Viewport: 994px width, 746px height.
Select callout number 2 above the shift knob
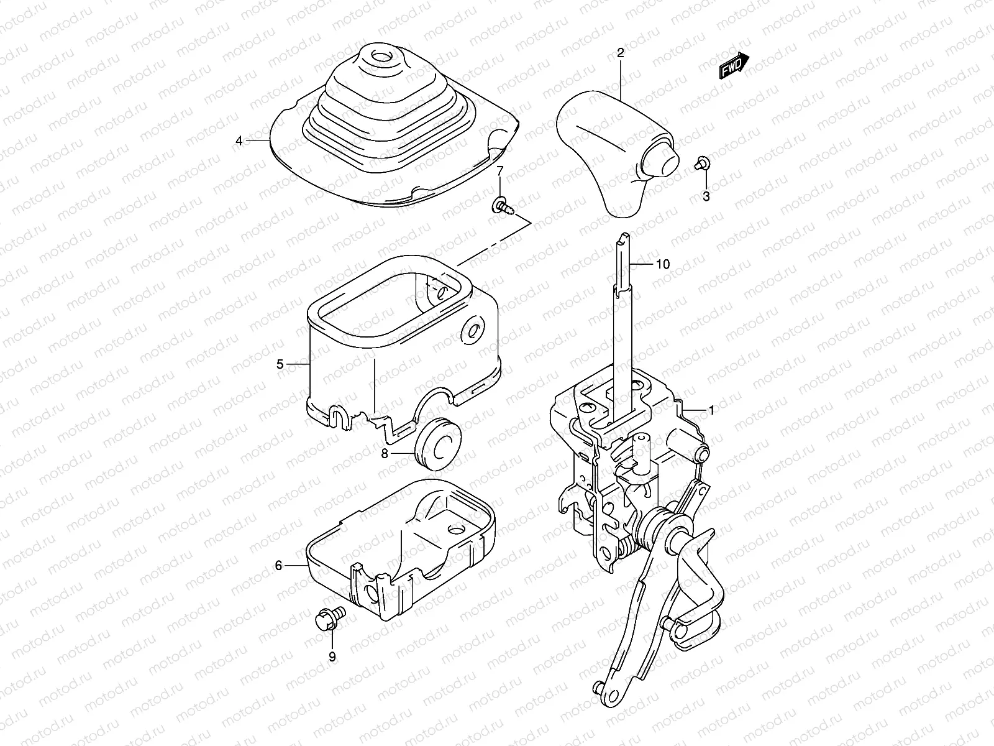pyautogui.click(x=620, y=54)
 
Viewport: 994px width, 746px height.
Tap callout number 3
pyautogui.click(x=705, y=197)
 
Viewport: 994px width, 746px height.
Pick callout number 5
pyautogui.click(x=280, y=364)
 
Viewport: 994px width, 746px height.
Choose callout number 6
pyautogui.click(x=278, y=565)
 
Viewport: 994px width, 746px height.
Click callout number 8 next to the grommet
pyautogui.click(x=385, y=453)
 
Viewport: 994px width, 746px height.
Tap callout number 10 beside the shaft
pyautogui.click(x=663, y=264)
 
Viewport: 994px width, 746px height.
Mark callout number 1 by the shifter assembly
pyautogui.click(x=711, y=410)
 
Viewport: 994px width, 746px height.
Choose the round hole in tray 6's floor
pyautogui.click(x=457, y=529)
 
